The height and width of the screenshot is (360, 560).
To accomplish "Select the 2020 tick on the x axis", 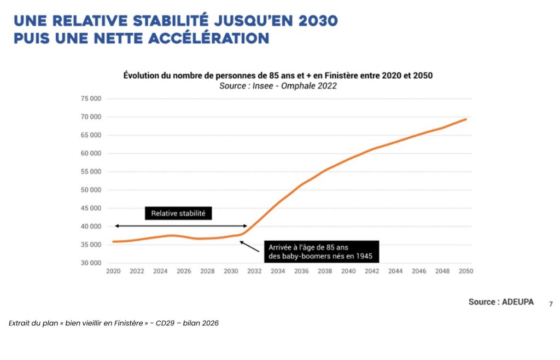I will click(113, 271).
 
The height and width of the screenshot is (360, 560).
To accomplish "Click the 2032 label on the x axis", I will click(254, 271).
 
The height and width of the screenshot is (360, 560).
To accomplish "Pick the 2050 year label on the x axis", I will click(466, 271).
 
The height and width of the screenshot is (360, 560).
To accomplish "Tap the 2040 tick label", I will click(348, 271).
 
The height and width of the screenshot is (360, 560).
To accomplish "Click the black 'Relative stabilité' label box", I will click(178, 213).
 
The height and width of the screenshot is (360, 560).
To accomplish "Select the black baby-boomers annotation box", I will click(322, 252).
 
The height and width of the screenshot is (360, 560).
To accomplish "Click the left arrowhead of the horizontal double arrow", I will click(116, 226).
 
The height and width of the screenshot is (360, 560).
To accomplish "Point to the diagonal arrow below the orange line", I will click(249, 246).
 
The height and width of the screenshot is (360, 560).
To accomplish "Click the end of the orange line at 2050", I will click(466, 119).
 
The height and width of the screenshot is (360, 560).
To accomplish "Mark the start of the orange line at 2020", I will click(113, 241).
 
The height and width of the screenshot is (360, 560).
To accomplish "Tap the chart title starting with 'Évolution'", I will click(278, 76).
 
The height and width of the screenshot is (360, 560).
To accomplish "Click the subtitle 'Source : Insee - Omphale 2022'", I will click(278, 86).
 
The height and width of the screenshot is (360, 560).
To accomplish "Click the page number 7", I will click(551, 304).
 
